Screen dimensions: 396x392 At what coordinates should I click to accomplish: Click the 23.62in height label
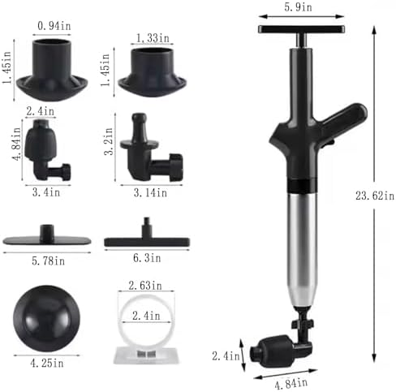(x=375, y=196)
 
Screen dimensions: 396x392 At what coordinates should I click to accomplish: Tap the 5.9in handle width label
(x=298, y=7)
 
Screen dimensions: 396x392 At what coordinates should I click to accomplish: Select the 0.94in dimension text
(x=54, y=26)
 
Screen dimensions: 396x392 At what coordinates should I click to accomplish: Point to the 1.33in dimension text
(x=153, y=38)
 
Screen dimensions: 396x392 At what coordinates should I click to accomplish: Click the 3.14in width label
(x=150, y=193)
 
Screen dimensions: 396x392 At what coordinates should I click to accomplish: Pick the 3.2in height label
(x=109, y=141)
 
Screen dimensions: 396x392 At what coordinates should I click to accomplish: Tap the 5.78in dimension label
(x=48, y=261)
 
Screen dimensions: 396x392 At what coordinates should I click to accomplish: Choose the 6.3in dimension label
(x=147, y=258)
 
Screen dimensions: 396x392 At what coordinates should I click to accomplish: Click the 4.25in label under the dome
(x=47, y=363)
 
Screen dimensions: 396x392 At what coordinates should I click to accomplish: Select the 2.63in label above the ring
(x=145, y=286)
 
